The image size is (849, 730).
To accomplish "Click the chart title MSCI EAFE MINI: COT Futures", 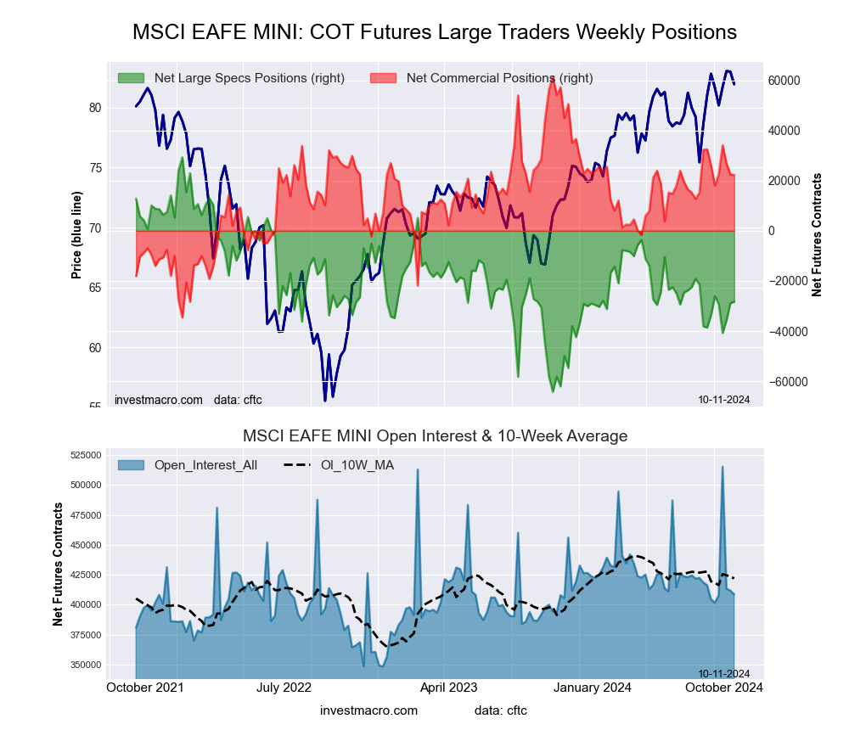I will pyautogui.click(x=435, y=32).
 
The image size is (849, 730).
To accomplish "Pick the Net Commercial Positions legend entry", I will pyautogui.click(x=499, y=78).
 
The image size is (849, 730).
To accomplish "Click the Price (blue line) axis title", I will pyautogui.click(x=76, y=235).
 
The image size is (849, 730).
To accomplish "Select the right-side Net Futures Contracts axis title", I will pyautogui.click(x=817, y=234).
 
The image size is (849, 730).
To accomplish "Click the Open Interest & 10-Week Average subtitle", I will pyautogui.click(x=435, y=436).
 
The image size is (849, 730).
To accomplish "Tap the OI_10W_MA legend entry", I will pyautogui.click(x=357, y=464).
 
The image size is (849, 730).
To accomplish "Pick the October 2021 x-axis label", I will pyautogui.click(x=145, y=688).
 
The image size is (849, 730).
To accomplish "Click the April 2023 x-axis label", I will pyautogui.click(x=448, y=688).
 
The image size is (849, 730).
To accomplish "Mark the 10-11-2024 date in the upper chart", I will pyautogui.click(x=724, y=400).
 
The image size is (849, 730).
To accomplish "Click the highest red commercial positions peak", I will pyautogui.click(x=552, y=77).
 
